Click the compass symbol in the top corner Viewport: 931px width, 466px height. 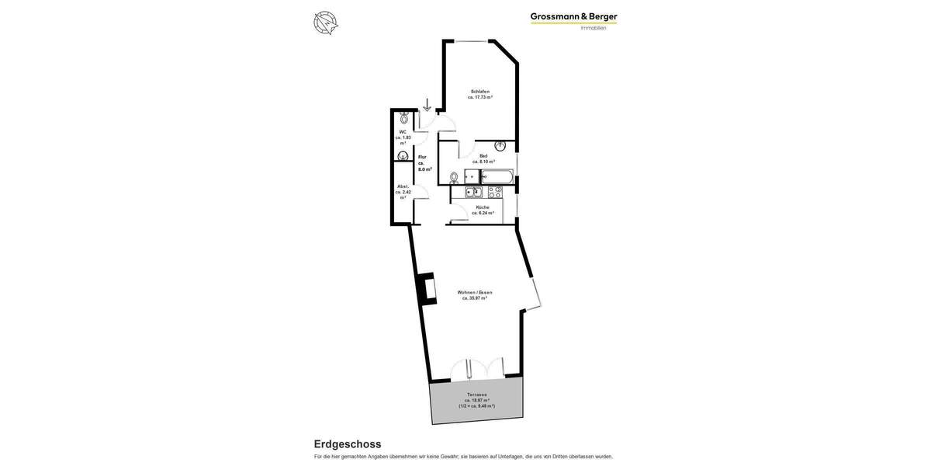click(x=326, y=23)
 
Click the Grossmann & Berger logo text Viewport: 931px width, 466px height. click(x=573, y=16)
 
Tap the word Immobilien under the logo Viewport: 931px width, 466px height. click(x=594, y=29)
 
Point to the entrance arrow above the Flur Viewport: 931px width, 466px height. click(x=427, y=105)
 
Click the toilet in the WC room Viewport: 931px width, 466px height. click(x=403, y=119)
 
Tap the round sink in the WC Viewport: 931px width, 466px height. click(x=403, y=156)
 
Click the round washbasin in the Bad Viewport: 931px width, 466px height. click(x=500, y=145)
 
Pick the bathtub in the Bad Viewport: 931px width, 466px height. click(x=497, y=177)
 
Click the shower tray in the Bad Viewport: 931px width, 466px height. click(x=472, y=177)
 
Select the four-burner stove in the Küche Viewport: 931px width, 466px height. click(x=494, y=192)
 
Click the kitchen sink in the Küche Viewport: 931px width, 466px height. click(x=473, y=192)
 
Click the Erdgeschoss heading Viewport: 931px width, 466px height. click(x=348, y=444)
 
